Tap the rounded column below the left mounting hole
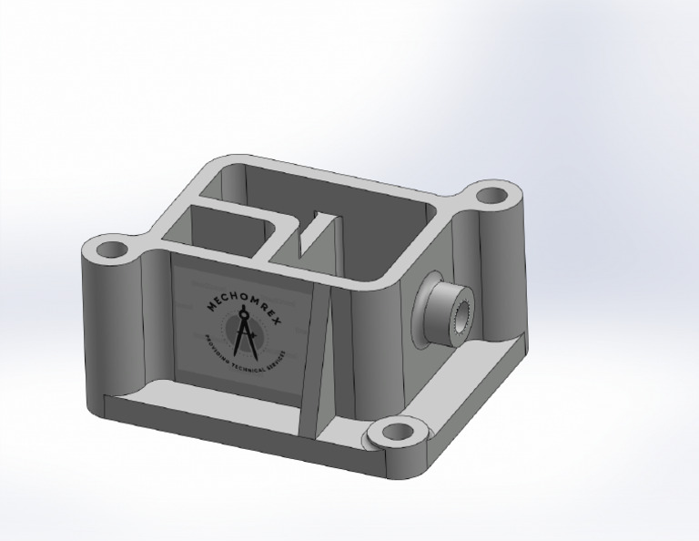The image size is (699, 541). pyautogui.click(x=114, y=328)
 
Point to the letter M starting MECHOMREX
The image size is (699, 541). pyautogui.click(x=211, y=310)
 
